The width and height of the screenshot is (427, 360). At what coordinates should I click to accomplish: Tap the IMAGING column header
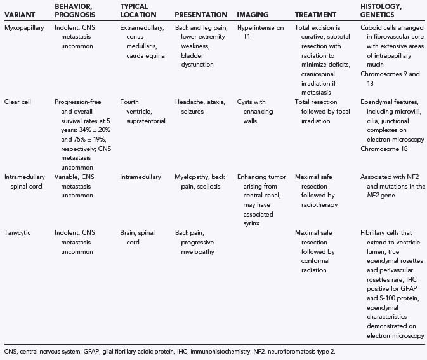[x=253, y=14]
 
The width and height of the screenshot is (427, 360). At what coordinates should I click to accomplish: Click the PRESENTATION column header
[x=200, y=14]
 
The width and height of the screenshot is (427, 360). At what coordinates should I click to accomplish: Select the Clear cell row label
[x=18, y=101]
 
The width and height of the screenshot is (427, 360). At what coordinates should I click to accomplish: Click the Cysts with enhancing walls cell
[x=253, y=105]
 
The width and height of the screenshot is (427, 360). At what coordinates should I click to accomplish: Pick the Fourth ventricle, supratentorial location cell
[x=140, y=105]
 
